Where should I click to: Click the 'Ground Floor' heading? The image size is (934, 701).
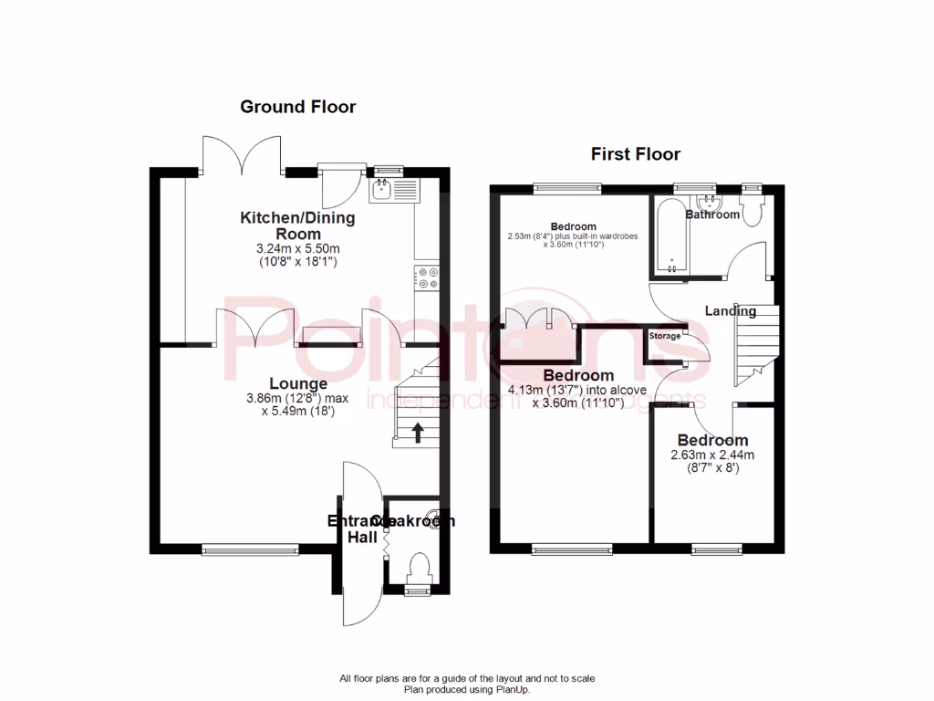tap(297, 107)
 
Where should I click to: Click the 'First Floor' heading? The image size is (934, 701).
tap(635, 153)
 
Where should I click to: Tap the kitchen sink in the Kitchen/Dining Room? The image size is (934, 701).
tap(393, 190)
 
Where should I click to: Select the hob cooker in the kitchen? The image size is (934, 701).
tap(426, 277)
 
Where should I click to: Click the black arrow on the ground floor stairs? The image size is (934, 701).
tap(418, 432)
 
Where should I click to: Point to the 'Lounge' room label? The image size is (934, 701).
tap(297, 383)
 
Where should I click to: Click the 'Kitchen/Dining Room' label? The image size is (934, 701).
tap(297, 225)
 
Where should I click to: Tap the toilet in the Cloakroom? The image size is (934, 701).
tap(419, 567)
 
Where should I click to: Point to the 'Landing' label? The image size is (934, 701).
tap(731, 311)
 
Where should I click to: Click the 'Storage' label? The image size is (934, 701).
tap(664, 336)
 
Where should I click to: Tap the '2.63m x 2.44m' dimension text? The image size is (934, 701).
tap(712, 455)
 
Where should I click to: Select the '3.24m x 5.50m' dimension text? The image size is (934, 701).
tap(297, 248)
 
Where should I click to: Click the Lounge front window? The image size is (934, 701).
tap(250, 549)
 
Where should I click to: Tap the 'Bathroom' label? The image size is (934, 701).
tap(712, 215)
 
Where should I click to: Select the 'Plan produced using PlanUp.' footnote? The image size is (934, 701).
tap(467, 690)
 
